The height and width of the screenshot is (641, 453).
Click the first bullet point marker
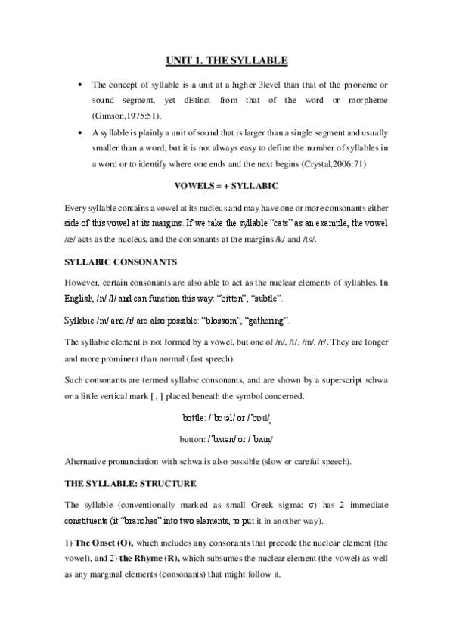tap(80, 84)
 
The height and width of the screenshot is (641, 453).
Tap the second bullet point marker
tap(80, 133)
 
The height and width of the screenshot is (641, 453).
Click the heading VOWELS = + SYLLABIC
tap(226, 185)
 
